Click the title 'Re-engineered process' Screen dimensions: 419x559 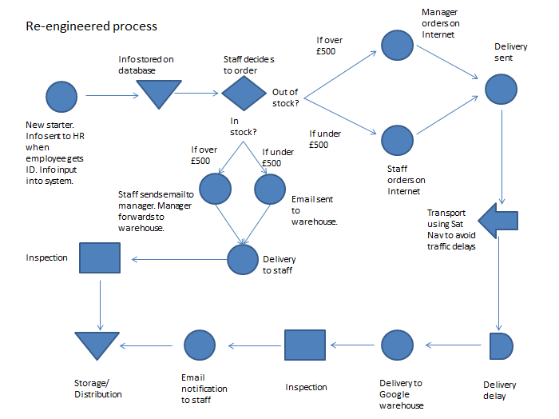coord(91,26)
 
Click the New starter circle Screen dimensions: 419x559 coord(61,96)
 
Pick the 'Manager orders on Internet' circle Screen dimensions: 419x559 coord(398,45)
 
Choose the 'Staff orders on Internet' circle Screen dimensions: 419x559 coord(398,139)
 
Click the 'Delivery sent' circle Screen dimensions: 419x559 coord(501,88)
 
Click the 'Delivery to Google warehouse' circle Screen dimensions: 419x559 coord(398,345)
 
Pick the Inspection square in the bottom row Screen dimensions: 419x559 coord(305,345)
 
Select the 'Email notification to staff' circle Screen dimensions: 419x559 coord(200,345)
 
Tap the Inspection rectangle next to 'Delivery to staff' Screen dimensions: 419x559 coord(100,259)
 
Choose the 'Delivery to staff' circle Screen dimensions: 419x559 coord(243,259)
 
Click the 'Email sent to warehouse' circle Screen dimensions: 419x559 coord(270,189)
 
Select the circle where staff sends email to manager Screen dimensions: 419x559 coord(215,189)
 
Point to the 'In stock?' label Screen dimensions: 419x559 coord(244,126)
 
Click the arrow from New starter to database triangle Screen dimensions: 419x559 coord(107,96)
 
